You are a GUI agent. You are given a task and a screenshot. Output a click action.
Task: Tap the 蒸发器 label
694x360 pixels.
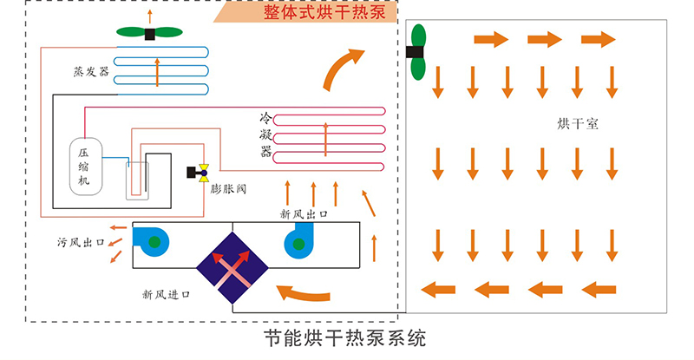(x=91, y=72)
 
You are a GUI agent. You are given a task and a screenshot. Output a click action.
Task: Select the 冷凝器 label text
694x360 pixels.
(x=266, y=134)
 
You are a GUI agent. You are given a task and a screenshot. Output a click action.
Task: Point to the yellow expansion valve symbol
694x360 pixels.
(x=206, y=172)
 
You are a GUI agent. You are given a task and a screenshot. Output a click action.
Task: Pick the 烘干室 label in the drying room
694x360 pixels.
(x=578, y=123)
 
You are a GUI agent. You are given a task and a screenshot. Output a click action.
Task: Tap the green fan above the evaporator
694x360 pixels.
(x=149, y=33)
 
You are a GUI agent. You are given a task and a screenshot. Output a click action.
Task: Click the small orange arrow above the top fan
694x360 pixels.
(x=150, y=15)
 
